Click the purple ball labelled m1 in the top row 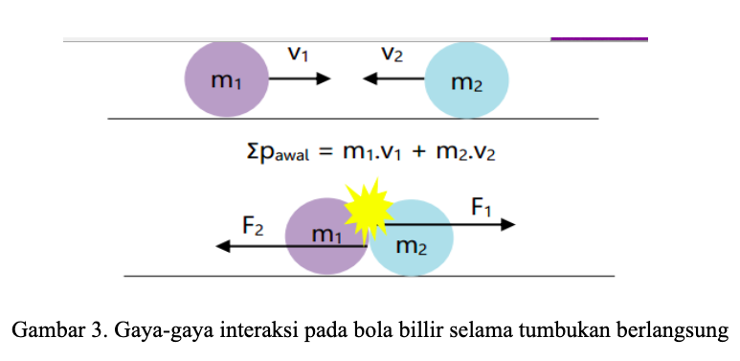point(226,79)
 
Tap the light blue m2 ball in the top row point(466,79)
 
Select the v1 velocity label point(298,55)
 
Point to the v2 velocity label point(392,55)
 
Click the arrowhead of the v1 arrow point(324,79)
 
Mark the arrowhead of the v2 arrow point(370,79)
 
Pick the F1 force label point(481,208)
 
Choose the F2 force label point(253,227)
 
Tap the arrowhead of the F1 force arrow point(507,225)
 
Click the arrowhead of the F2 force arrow point(223,246)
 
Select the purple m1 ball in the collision point(326,237)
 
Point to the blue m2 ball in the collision point(411,237)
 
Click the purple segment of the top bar point(599,38)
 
